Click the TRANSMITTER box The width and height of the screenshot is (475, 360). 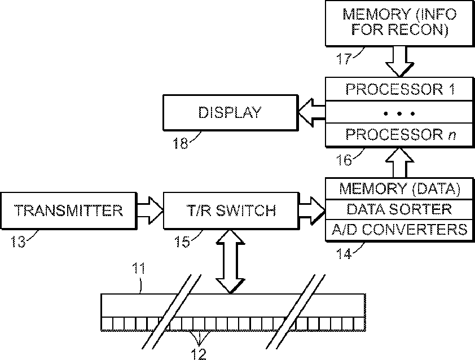click(x=69, y=210)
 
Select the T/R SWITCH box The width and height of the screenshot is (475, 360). click(x=231, y=210)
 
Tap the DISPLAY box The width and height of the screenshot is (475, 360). click(x=231, y=112)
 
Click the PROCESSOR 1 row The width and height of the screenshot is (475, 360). click(x=400, y=89)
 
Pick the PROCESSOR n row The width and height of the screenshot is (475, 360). click(x=400, y=135)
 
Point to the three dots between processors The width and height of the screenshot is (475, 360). click(x=399, y=113)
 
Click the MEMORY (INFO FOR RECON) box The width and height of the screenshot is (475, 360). click(x=400, y=23)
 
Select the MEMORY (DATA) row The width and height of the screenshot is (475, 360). click(x=400, y=188)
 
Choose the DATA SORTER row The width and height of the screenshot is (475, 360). click(x=400, y=209)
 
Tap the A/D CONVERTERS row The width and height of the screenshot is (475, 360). click(x=400, y=230)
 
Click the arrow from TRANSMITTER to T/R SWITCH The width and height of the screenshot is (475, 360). click(x=150, y=210)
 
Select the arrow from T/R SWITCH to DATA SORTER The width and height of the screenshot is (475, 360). click(x=312, y=210)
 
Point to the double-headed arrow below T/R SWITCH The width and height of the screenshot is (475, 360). click(x=231, y=261)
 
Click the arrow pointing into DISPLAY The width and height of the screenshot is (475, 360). click(x=312, y=112)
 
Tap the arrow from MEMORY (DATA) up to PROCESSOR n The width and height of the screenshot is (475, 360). click(x=400, y=163)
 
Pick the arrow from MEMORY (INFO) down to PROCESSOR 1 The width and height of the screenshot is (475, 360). click(x=399, y=61)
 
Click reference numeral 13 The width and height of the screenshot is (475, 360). click(x=18, y=242)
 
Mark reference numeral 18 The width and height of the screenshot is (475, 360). click(x=181, y=143)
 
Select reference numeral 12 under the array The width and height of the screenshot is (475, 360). click(x=199, y=354)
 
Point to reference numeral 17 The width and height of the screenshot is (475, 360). click(x=344, y=59)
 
